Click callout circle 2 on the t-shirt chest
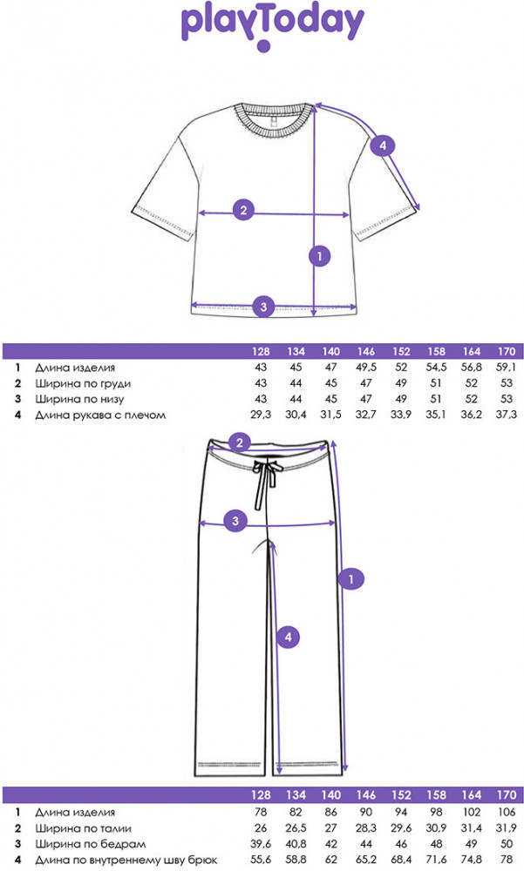(244, 209)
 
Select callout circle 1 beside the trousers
(350, 578)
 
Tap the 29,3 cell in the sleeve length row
(260, 415)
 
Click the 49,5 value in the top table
(365, 368)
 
